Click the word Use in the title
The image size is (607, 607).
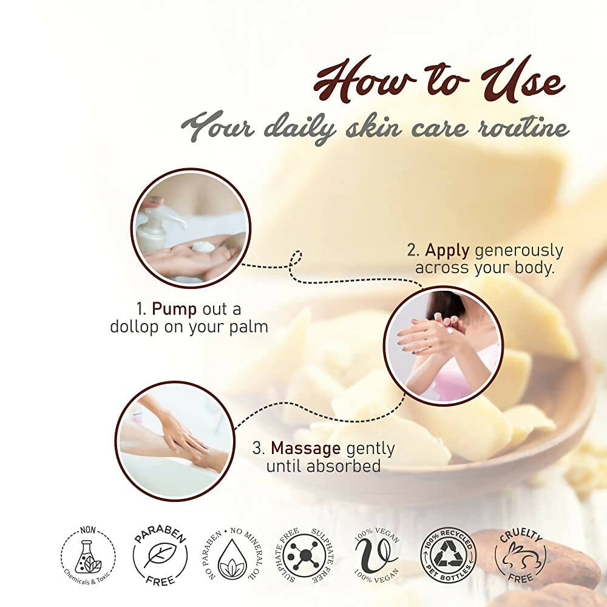(x=523, y=81)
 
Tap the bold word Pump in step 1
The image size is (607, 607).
(x=174, y=310)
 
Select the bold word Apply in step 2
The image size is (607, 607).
(x=447, y=251)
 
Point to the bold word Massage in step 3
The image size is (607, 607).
(x=305, y=449)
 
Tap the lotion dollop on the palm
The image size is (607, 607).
(x=203, y=246)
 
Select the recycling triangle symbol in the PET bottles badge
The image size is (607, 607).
(x=447, y=555)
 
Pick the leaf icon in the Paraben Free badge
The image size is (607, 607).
(x=160, y=555)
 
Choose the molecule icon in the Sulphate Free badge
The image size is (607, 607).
(x=305, y=556)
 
